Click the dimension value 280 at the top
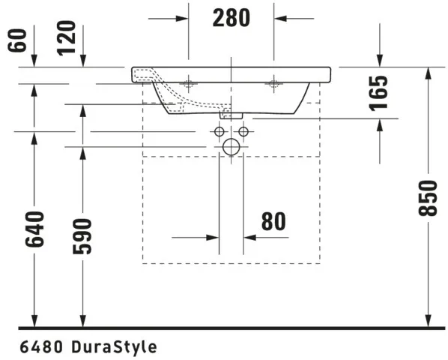(x=230, y=17)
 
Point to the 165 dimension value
(x=380, y=92)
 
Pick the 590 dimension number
(x=82, y=235)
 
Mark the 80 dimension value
(x=273, y=221)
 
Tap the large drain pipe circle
(x=231, y=147)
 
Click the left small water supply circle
(x=219, y=133)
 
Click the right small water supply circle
(x=243, y=133)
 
